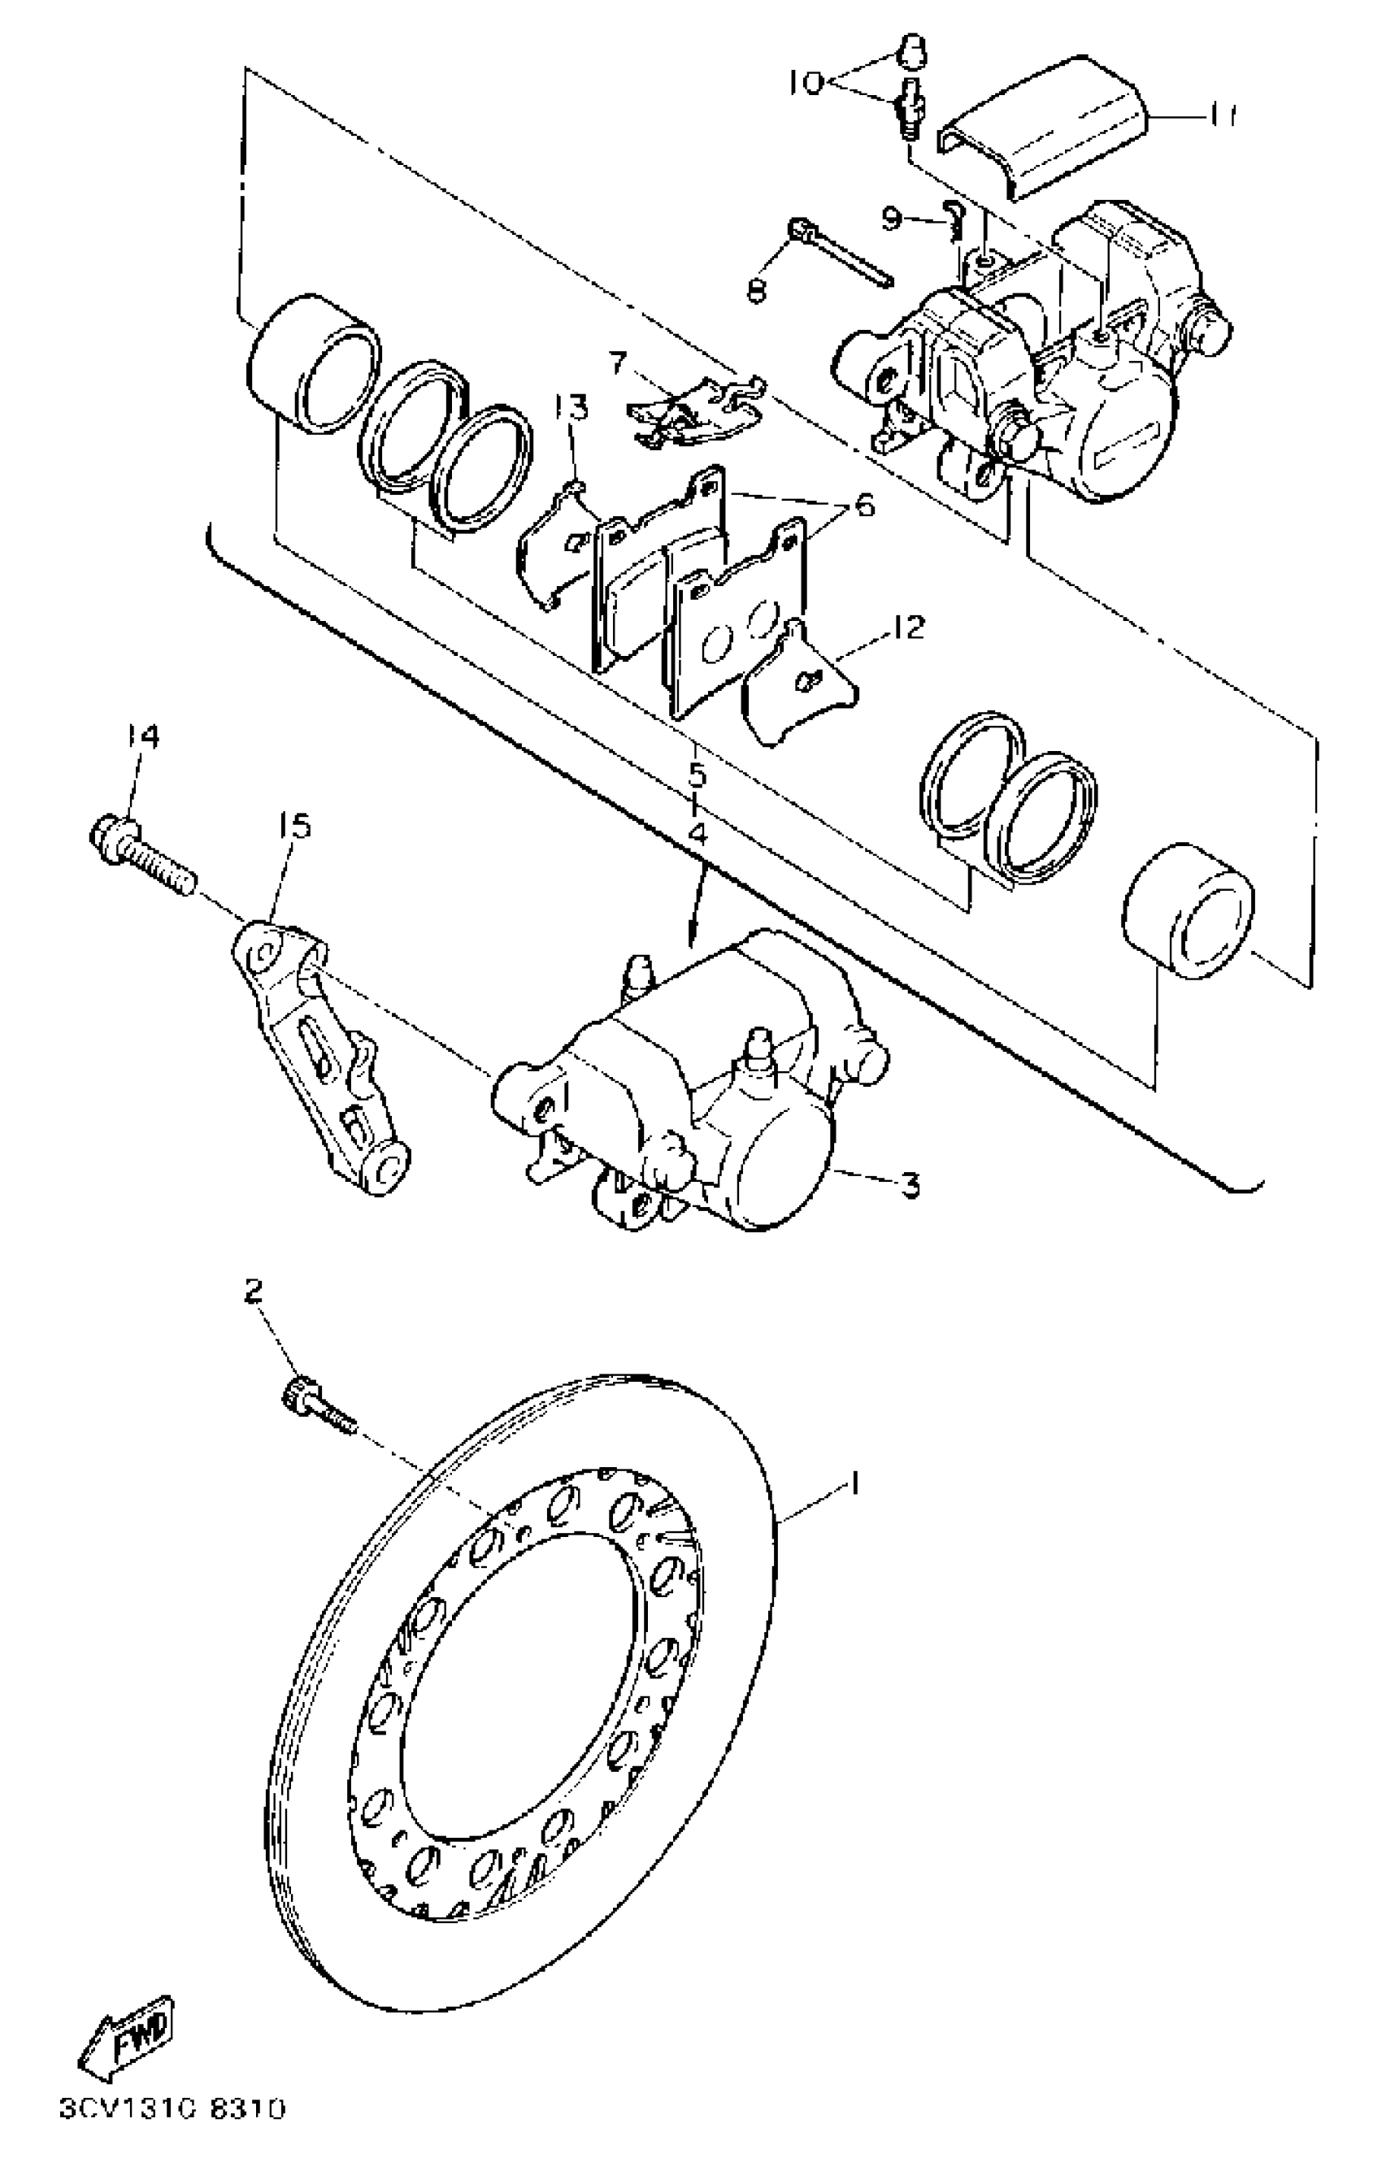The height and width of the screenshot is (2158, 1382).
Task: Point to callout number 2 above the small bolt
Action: tap(254, 1292)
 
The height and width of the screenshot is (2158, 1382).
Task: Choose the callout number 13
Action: tap(571, 408)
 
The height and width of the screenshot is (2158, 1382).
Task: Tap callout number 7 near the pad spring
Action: tap(616, 363)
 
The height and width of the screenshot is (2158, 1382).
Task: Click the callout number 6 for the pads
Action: tap(863, 506)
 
